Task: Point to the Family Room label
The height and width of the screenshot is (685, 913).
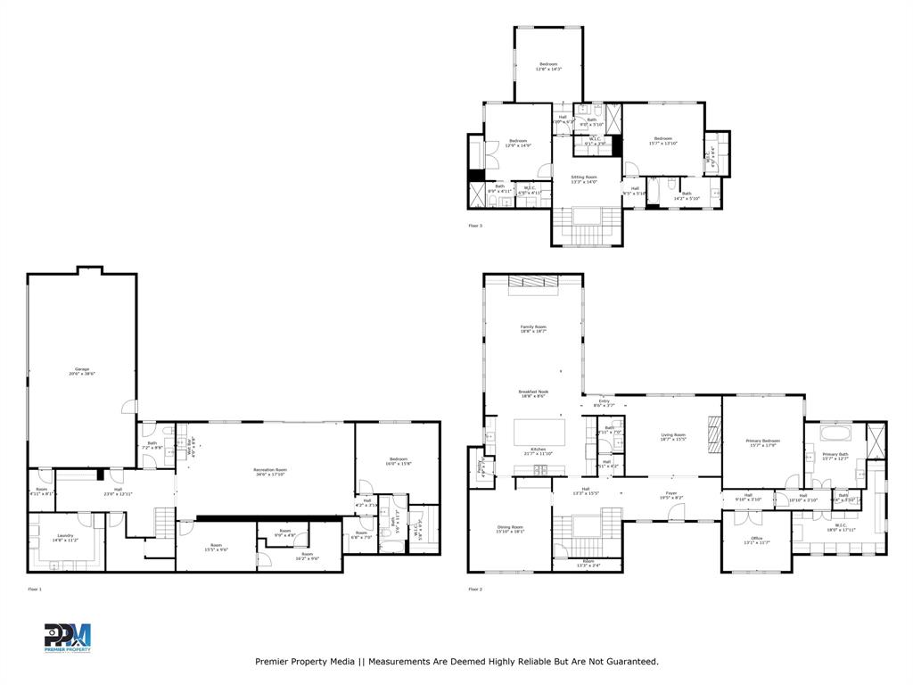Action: [533, 327]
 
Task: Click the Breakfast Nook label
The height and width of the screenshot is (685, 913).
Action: [533, 392]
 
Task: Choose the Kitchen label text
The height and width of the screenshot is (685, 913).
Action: [538, 449]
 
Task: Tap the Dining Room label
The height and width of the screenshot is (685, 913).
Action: [510, 527]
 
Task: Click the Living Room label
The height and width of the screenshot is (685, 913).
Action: [672, 434]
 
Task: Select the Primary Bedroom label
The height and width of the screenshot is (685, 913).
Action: [762, 441]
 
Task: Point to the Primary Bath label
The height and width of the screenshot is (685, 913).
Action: [835, 455]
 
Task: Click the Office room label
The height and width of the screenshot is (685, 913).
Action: [755, 538]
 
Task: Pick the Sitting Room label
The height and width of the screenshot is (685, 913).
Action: [584, 177]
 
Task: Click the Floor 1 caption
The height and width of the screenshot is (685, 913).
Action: [35, 590]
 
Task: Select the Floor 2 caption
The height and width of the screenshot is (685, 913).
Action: [475, 590]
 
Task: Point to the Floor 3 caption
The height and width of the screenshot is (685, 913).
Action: [475, 226]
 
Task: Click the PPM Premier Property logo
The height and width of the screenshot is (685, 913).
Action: [68, 638]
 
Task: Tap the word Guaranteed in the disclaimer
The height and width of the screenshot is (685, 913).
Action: [629, 662]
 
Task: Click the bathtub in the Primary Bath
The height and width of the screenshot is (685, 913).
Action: [835, 435]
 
